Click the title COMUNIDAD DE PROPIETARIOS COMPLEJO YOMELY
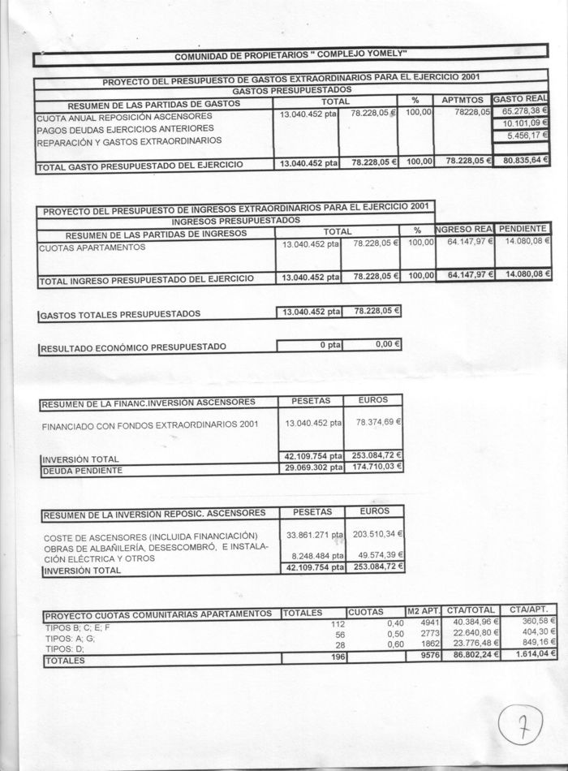[290, 56]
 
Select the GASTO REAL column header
[521, 98]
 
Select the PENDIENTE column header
[523, 229]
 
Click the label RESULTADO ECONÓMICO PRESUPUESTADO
[134, 347]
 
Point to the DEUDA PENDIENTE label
[83, 470]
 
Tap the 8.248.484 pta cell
[313, 555]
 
